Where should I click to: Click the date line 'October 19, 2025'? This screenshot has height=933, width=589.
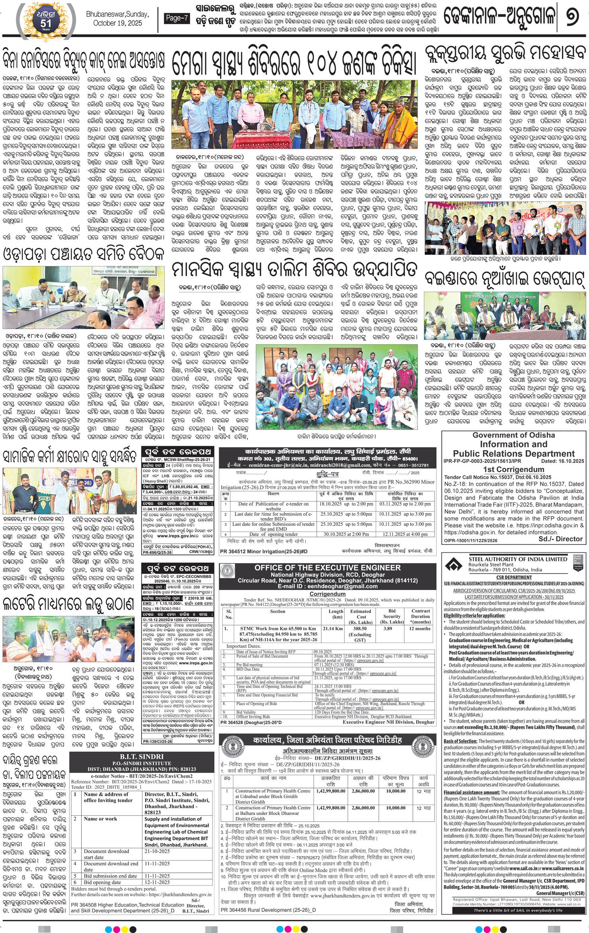point(117,23)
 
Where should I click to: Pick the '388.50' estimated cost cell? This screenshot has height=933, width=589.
point(360,628)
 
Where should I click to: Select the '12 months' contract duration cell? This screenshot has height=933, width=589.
point(420,628)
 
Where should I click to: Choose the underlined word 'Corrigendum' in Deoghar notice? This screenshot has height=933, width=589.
point(327,594)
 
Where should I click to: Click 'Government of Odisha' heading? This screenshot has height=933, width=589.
point(514,435)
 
